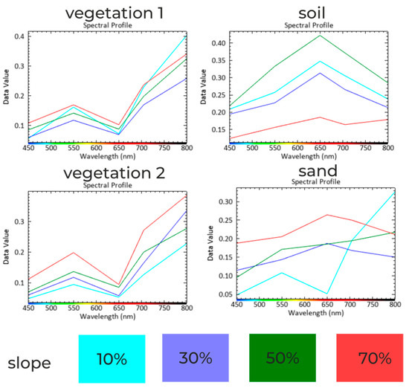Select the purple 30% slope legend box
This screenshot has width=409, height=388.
[x=196, y=358]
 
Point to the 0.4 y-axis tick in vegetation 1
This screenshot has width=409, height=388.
[x=19, y=36]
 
